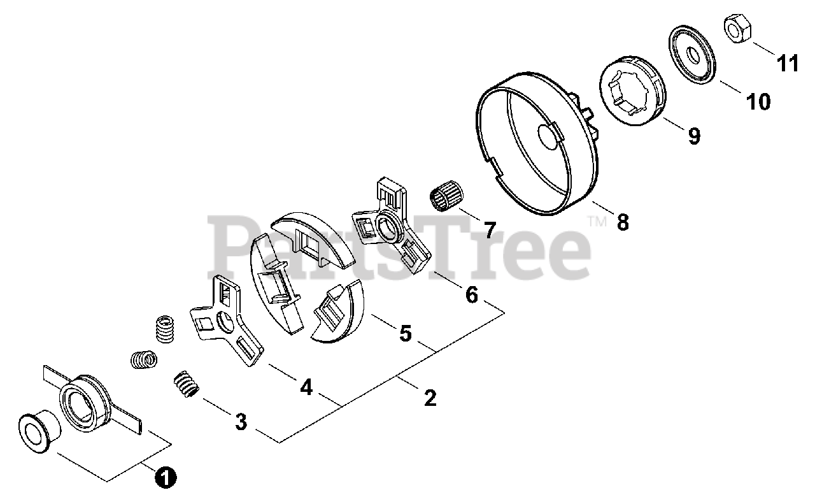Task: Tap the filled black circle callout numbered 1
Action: (x=165, y=477)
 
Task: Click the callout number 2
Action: (x=430, y=398)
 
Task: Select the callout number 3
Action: (x=241, y=421)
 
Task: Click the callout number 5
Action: (x=406, y=333)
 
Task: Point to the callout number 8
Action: (x=622, y=222)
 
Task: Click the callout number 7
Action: (x=488, y=229)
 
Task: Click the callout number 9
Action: (x=693, y=136)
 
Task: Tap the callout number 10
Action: (x=758, y=102)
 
